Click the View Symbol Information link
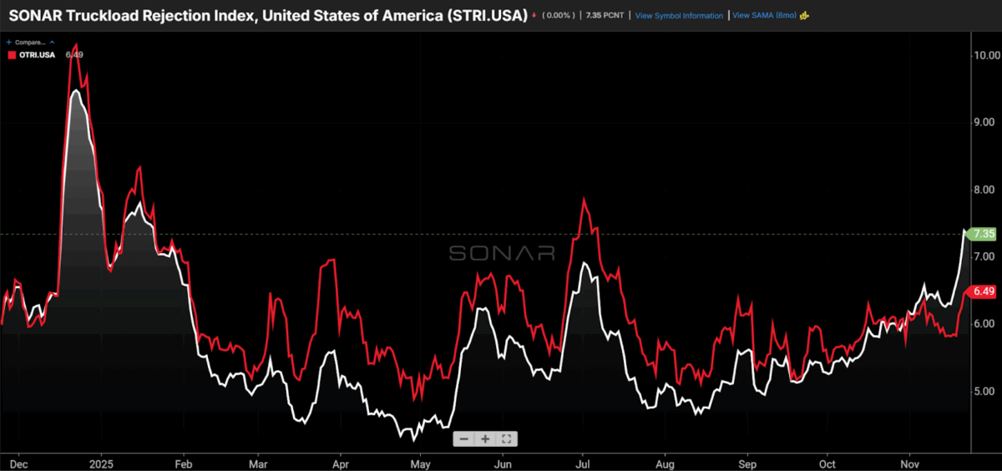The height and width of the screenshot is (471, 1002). (679, 16)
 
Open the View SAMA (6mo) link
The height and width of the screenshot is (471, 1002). (765, 16)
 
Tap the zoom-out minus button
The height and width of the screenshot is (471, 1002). (463, 438)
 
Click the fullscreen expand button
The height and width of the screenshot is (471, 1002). (507, 438)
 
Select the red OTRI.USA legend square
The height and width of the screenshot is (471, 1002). (11, 54)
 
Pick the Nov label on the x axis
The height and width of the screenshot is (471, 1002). (910, 462)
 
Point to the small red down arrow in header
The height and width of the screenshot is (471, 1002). (534, 16)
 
